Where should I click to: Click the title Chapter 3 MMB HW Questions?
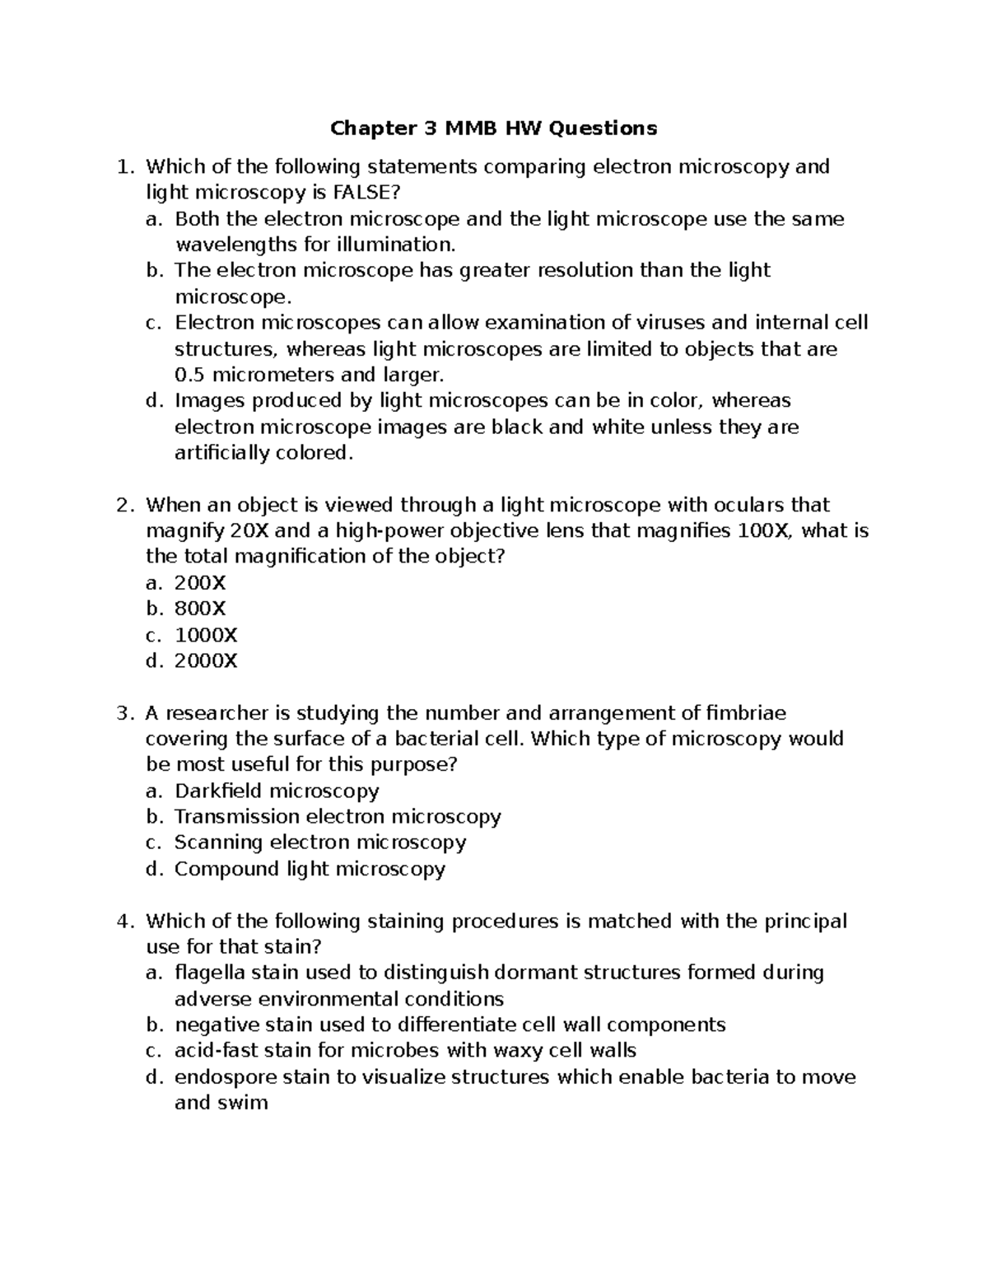click(x=493, y=128)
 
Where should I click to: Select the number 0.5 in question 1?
click(x=190, y=375)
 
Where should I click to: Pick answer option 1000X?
click(x=206, y=635)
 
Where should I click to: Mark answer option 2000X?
click(x=206, y=661)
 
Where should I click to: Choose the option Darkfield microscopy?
click(x=277, y=791)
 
